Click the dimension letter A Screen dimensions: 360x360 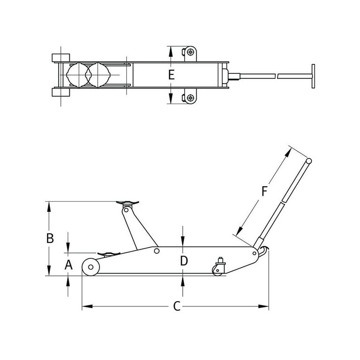coord(68,265)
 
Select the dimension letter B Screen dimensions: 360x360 coord(50,238)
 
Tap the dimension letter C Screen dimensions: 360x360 coord(177,306)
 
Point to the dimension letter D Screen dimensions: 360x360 coord(184,261)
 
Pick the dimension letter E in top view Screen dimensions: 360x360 coord(171,75)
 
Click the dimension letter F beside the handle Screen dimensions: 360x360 coord(265,191)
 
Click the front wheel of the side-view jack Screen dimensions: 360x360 coord(90,267)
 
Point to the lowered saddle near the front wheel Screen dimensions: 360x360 coord(109,254)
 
